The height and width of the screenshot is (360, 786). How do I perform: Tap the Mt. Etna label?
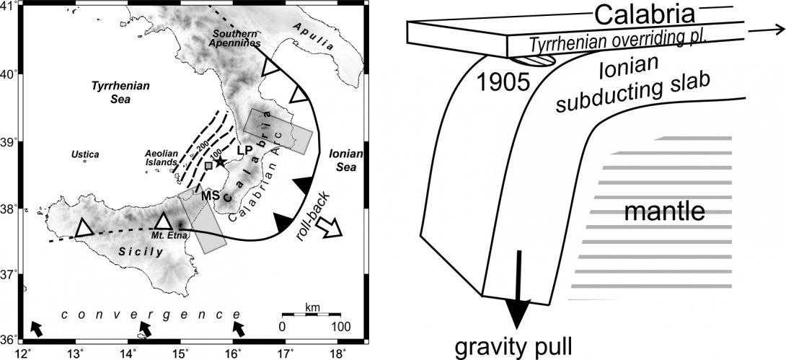(x=165, y=235)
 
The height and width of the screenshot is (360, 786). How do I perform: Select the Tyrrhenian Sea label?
(x=120, y=92)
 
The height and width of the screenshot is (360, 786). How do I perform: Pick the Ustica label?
(x=84, y=154)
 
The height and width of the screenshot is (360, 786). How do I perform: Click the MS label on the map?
(x=210, y=195)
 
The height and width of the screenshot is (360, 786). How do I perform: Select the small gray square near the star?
(x=208, y=166)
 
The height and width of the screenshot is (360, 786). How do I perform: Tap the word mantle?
(x=663, y=212)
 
